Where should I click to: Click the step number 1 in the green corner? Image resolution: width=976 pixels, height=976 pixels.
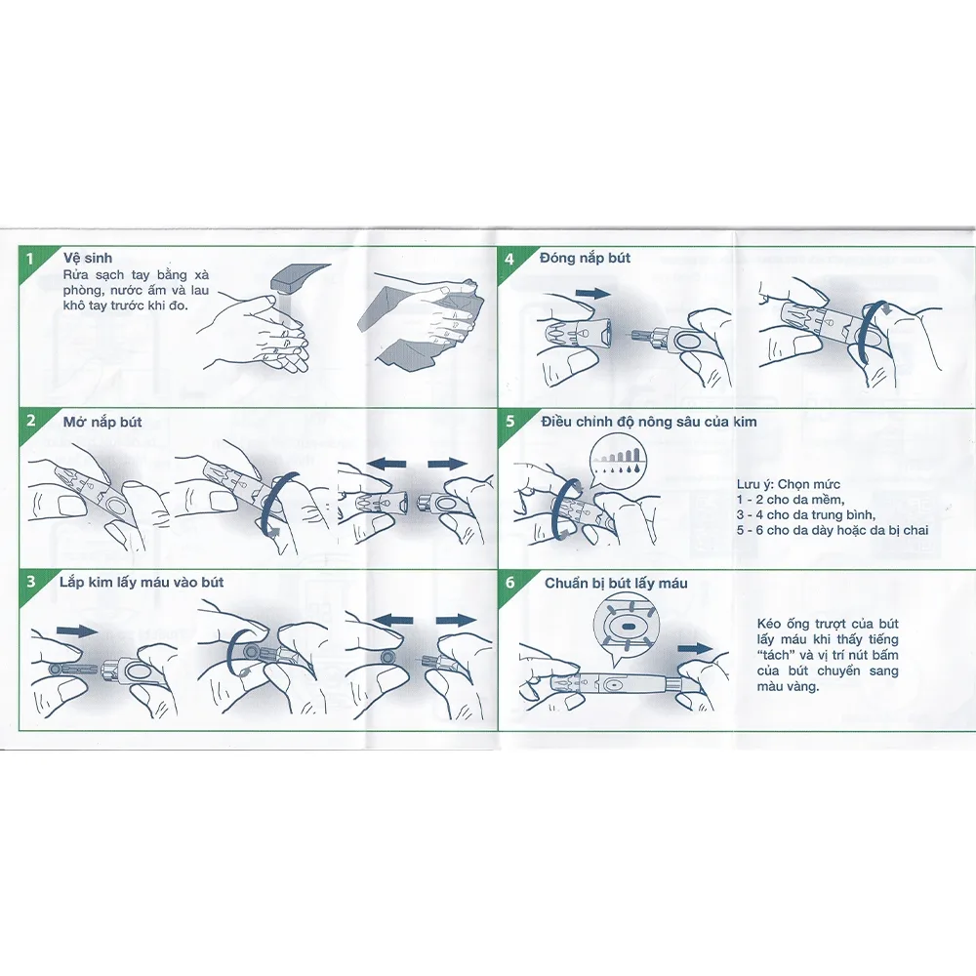30,258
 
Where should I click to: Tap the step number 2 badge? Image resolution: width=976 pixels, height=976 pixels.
31,421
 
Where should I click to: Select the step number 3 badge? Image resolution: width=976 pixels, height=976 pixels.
31,582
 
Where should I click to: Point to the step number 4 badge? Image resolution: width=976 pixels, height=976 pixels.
509,259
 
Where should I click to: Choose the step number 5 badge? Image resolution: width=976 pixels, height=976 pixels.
510,422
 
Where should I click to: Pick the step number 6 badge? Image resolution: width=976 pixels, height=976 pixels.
510,583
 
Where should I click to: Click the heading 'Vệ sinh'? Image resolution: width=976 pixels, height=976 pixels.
88,258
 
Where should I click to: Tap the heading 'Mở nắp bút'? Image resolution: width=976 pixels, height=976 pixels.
102,422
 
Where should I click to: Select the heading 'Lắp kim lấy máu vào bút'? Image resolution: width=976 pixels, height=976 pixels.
142,583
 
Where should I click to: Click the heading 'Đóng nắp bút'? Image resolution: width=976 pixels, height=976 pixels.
585,258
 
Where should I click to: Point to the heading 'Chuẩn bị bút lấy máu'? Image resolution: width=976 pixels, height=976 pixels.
616,584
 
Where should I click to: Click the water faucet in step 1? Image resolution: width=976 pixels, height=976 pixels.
298,277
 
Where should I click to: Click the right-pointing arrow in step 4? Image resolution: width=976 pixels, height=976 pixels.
592,293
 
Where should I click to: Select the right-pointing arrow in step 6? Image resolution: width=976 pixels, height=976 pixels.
695,649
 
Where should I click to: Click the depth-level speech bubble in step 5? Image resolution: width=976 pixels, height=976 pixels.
620,460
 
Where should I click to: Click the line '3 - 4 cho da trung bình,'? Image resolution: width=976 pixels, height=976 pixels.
806,514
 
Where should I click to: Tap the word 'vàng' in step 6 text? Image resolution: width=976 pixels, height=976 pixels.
804,687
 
